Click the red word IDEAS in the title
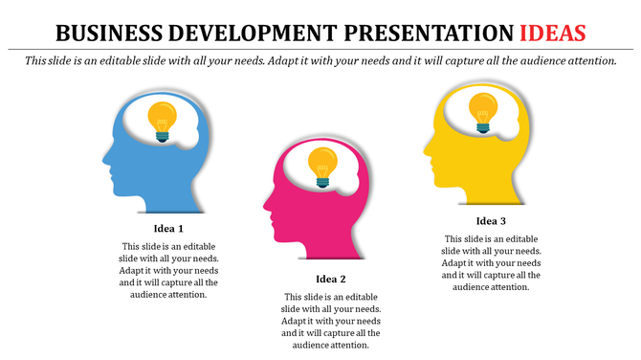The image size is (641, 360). (x=553, y=34)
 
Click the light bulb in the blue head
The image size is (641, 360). (x=162, y=122)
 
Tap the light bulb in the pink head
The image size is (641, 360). (x=322, y=166)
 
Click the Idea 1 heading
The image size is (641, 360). (x=168, y=230)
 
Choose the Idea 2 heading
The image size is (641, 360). (x=330, y=280)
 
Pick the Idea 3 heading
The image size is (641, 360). (x=491, y=222)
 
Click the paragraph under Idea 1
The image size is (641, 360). (x=168, y=270)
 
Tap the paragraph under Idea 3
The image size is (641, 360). (x=491, y=262)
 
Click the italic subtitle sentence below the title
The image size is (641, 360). (x=320, y=60)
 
